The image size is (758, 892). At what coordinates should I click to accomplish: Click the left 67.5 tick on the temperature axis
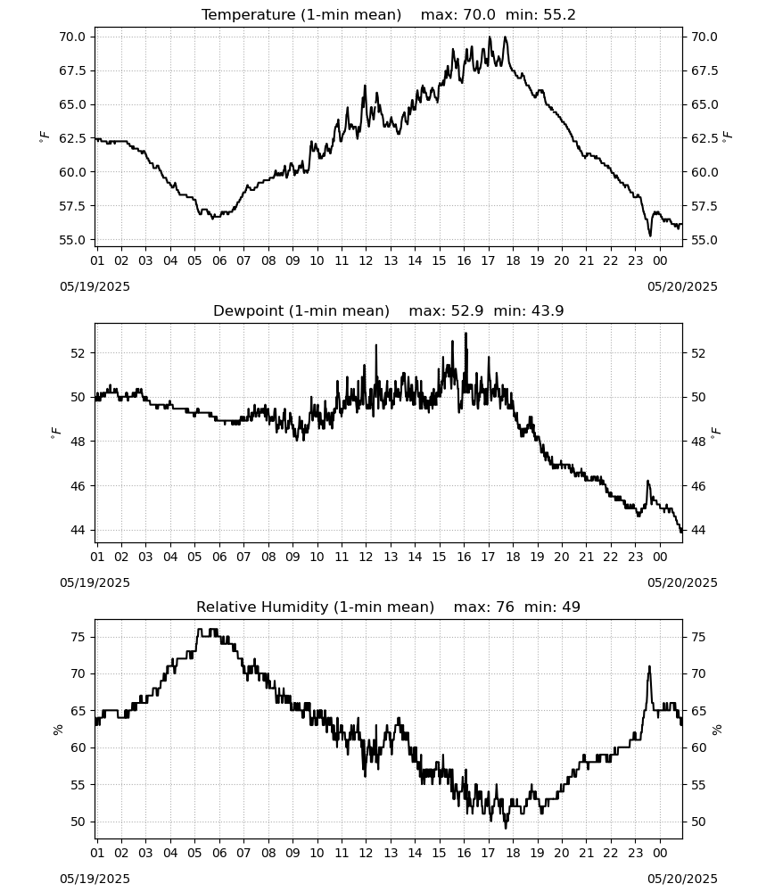tap(72, 70)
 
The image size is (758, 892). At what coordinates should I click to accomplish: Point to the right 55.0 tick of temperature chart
tap(704, 240)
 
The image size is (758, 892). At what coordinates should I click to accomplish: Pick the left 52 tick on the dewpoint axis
tap(78, 353)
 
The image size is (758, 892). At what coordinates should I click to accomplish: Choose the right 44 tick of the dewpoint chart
tap(699, 530)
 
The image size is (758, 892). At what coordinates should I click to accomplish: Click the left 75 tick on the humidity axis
tap(78, 637)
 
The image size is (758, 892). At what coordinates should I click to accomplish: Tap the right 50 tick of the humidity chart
tap(699, 822)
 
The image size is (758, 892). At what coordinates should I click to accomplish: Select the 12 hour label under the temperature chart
tap(366, 260)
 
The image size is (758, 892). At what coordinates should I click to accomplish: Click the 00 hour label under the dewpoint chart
tap(660, 557)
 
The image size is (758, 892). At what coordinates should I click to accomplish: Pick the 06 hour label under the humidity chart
tap(218, 853)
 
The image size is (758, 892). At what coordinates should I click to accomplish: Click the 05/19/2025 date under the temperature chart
tap(95, 286)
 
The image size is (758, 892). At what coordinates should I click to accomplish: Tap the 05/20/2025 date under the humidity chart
tap(682, 879)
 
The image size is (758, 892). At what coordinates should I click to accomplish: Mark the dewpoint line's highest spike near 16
tap(466, 334)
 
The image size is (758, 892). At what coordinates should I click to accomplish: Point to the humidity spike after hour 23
tap(649, 666)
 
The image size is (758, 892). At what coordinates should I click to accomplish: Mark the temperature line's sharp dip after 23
tap(650, 235)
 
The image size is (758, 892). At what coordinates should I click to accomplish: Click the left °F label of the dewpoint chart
tap(55, 434)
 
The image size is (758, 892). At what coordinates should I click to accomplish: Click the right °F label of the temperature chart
tap(728, 137)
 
